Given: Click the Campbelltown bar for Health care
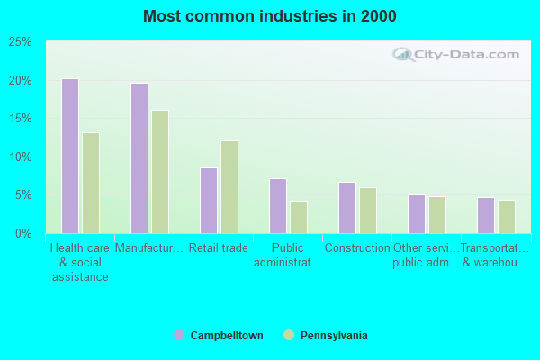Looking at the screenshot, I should pos(69,156).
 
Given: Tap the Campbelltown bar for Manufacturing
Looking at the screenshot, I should pos(139,158).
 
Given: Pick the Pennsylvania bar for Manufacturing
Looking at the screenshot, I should pos(160,172).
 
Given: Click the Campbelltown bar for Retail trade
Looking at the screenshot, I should pos(208,200).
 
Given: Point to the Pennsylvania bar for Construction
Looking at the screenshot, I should pos(368,210).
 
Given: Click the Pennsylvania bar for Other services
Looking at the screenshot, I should pos(437,214).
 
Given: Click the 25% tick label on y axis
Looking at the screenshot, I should pos(21,42).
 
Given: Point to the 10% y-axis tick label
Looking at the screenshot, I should pos(21,157).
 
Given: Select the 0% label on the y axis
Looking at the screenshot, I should pos(24,233).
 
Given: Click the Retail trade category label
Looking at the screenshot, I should pos(219,248).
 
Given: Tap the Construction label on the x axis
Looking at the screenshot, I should pos(357,248).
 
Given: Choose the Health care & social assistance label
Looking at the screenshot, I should pos(79,263).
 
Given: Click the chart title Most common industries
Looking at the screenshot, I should pos(269,16).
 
